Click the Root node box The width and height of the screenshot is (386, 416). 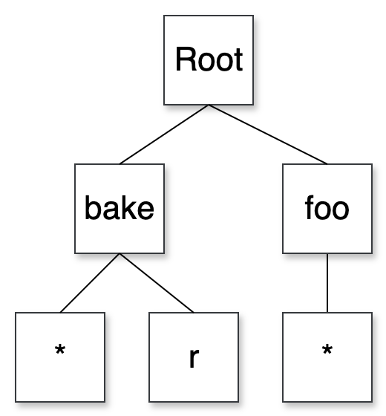coord(209,60)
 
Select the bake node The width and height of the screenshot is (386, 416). coord(120,209)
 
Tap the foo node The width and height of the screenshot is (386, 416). coord(327,209)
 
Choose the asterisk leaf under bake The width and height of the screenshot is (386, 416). coord(60,357)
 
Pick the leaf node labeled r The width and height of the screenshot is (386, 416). coord(194,357)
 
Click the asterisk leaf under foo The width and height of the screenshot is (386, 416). coord(327,357)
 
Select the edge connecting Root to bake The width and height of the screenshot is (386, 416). coord(164,134)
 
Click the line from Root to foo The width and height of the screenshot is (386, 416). coord(268,134)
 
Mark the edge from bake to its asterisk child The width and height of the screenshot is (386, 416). coord(90,283)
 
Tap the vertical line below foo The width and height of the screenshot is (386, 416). coord(327,283)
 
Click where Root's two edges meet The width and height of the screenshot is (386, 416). coord(209,105)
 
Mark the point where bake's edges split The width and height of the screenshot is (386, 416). coord(120,254)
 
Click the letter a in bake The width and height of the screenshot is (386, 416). coord(111,210)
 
